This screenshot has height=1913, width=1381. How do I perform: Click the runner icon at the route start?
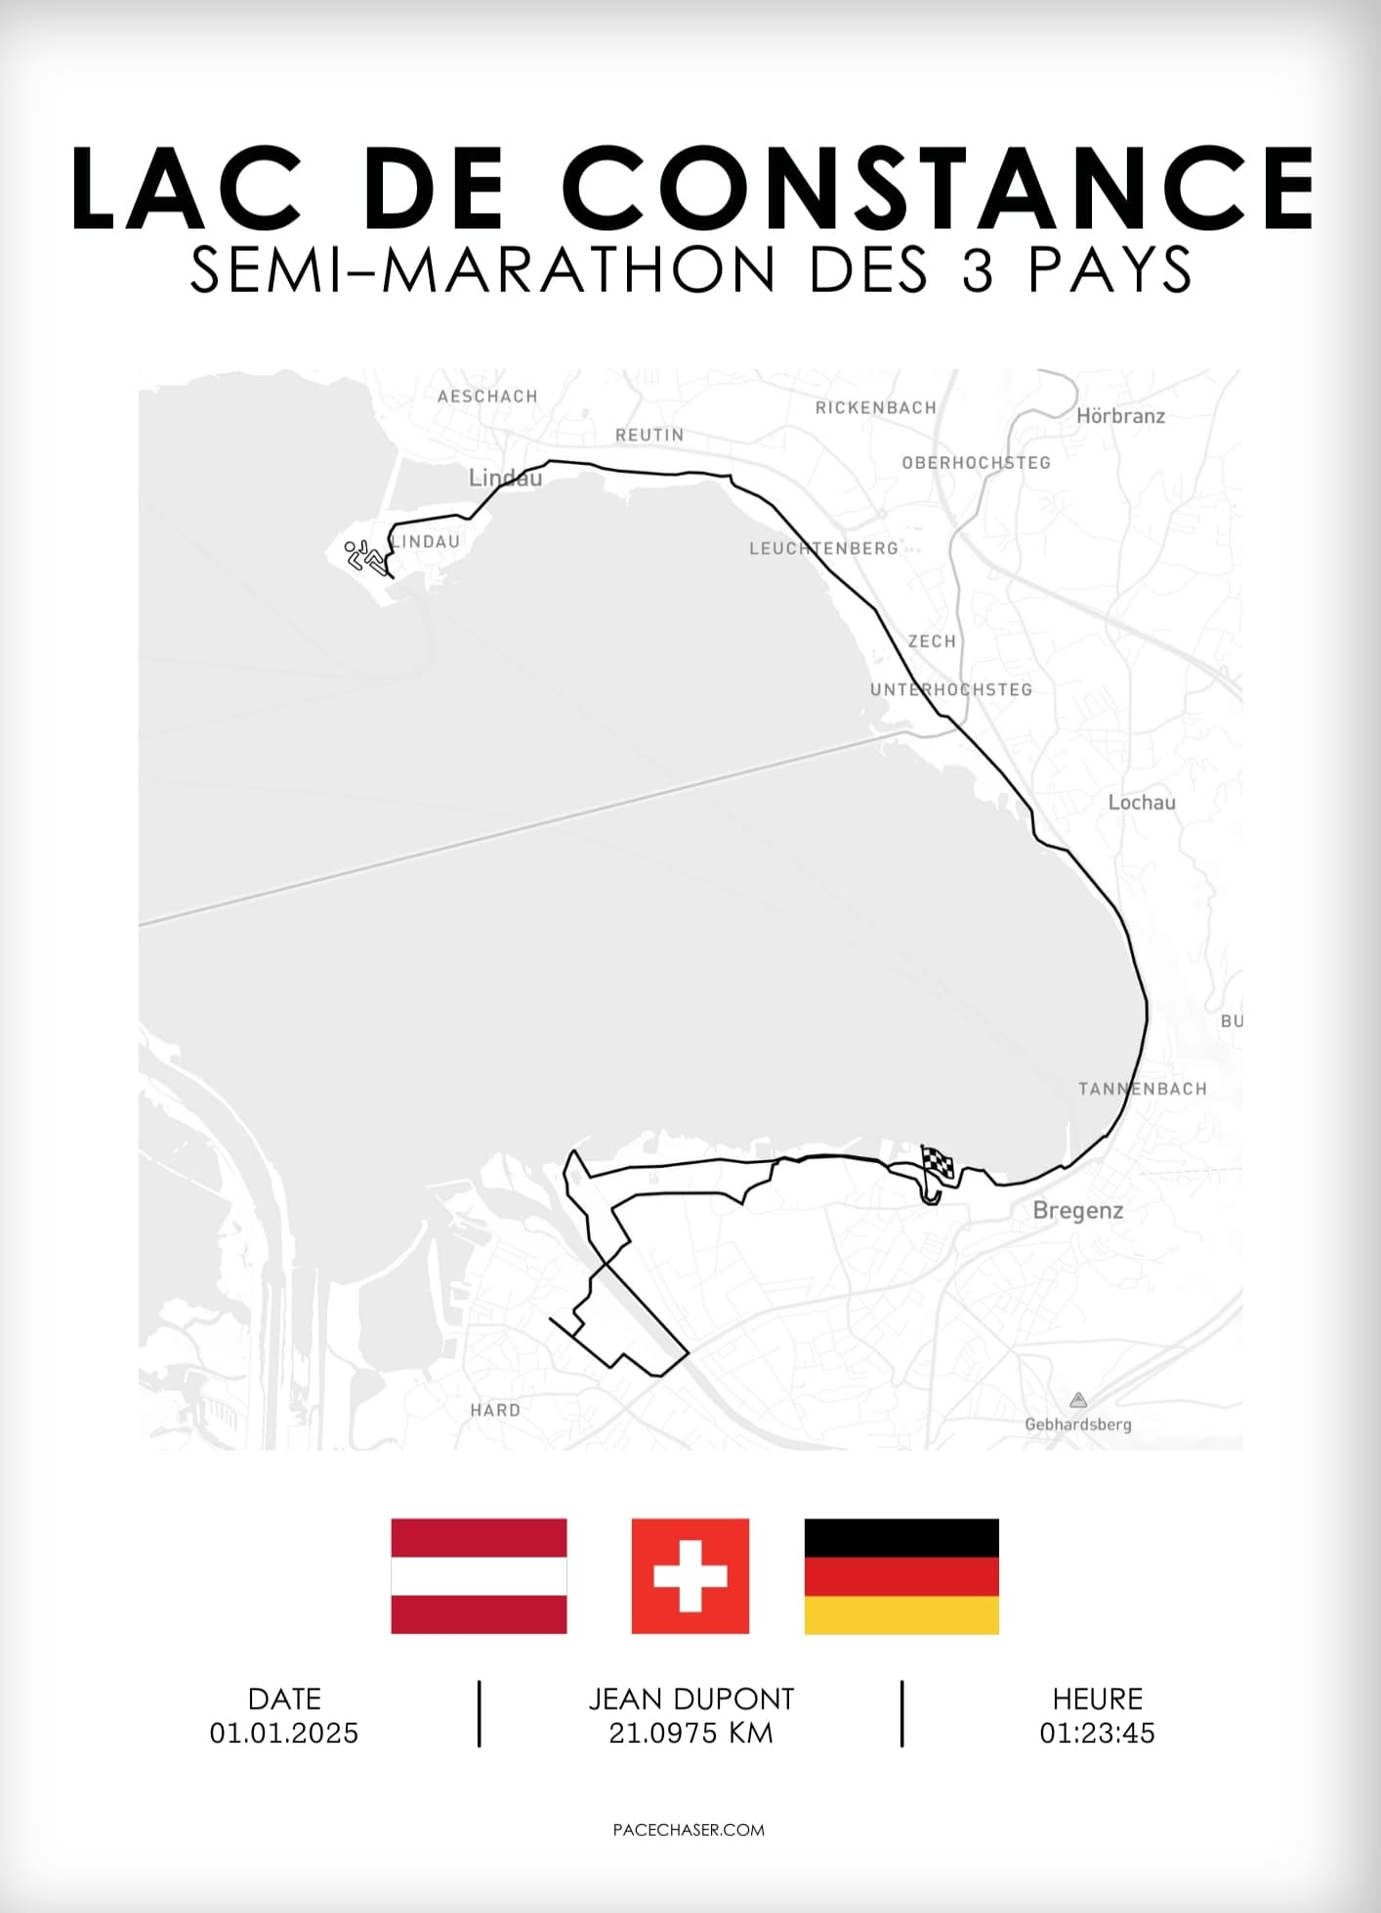click(363, 556)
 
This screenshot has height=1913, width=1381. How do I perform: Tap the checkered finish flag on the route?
click(937, 1166)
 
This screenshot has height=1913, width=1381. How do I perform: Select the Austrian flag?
click(479, 1575)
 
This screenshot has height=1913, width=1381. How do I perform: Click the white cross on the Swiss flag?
click(690, 1575)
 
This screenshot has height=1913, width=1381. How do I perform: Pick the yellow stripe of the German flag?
click(900, 1614)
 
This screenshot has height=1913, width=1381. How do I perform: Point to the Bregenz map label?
click(1077, 1211)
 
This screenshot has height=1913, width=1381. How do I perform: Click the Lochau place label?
click(1141, 803)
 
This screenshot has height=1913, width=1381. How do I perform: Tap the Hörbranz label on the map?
click(1120, 416)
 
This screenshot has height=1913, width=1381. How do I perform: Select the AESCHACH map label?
click(487, 396)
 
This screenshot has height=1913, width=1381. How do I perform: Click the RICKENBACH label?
click(875, 408)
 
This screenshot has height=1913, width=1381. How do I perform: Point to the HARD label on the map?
click(495, 1410)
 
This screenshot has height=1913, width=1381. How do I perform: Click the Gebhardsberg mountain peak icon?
click(1077, 1400)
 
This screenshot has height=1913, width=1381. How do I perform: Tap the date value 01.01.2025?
click(284, 1733)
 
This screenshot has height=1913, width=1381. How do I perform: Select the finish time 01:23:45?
click(1097, 1733)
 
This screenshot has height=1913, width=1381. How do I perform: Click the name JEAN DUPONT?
click(690, 1699)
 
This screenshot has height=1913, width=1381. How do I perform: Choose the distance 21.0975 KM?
click(690, 1733)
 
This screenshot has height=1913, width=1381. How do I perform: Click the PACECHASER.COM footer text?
click(689, 1830)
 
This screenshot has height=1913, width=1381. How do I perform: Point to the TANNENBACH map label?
click(1142, 1089)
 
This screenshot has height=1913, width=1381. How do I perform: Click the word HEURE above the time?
click(1097, 1699)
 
